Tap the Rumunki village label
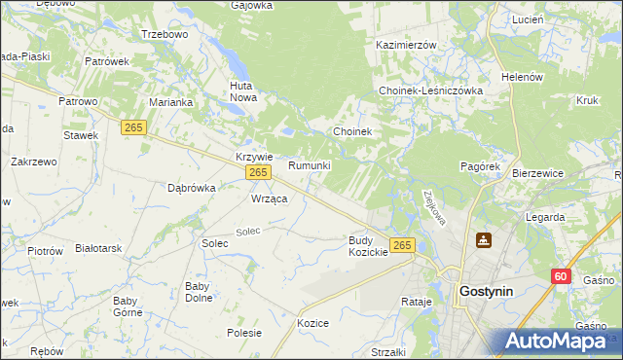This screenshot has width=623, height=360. [310, 166]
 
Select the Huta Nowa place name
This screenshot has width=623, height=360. [240, 91]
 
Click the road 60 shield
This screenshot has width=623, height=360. [559, 276]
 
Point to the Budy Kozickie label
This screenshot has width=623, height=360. [368, 246]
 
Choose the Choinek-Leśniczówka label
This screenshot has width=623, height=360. [431, 90]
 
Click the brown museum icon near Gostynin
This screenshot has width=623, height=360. [484, 239]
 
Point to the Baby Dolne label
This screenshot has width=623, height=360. [199, 292]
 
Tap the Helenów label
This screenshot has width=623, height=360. [521, 77]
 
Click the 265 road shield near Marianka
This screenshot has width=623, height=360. [134, 127]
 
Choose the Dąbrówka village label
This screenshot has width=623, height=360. [191, 188]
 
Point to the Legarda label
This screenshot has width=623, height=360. [544, 217]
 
